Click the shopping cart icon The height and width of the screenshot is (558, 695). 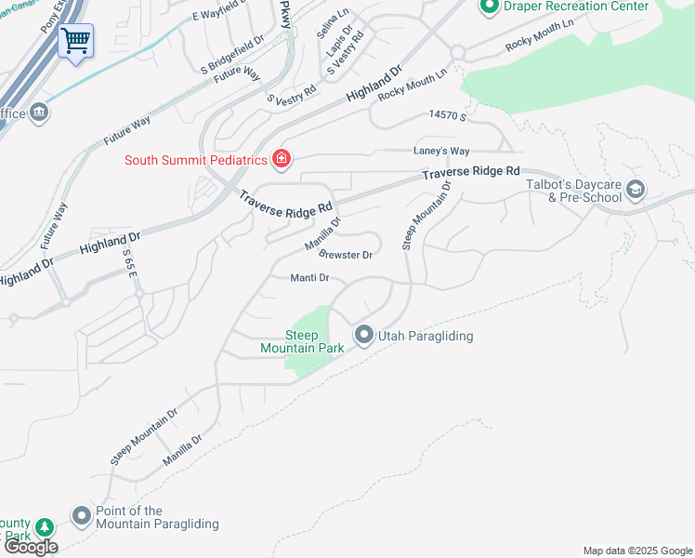tap(75, 40)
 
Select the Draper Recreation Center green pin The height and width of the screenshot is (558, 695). tap(490, 7)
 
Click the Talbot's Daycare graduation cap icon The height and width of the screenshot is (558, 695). tap(636, 190)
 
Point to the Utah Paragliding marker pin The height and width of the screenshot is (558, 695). tap(363, 335)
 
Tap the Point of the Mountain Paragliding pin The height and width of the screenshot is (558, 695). tap(81, 516)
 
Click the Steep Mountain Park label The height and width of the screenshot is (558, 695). tap(314, 341)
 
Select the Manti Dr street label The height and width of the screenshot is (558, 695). tap(310, 277)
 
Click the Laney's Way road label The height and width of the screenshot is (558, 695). tap(441, 151)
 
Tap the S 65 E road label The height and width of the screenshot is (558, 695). tap(128, 266)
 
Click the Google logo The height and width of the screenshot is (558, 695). tap(32, 547)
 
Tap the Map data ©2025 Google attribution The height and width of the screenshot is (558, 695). tap(636, 551)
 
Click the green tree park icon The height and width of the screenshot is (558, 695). tap(43, 529)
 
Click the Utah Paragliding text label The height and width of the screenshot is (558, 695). tap(426, 336)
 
